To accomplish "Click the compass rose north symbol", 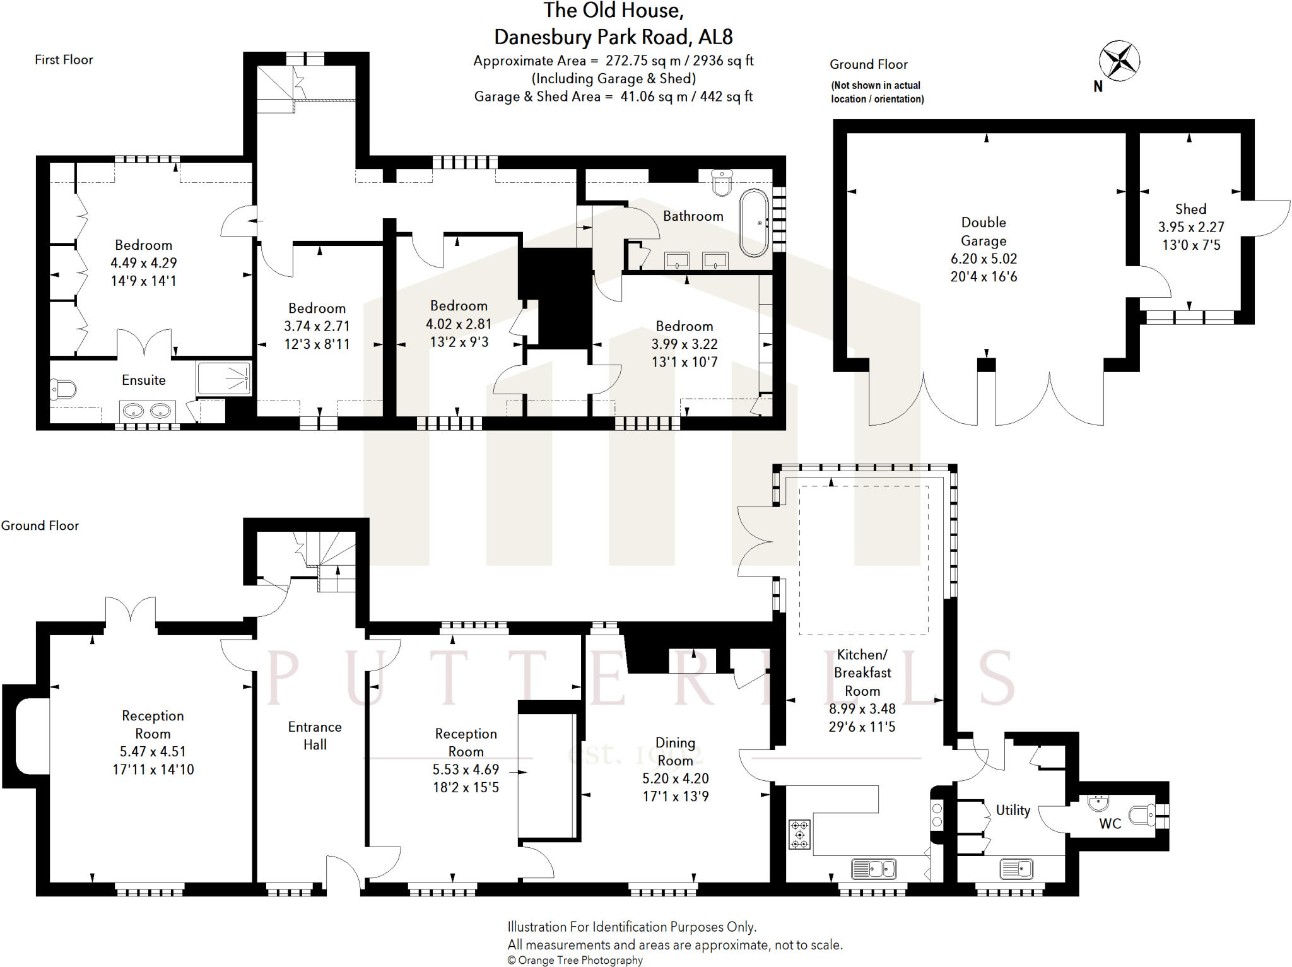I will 1119,61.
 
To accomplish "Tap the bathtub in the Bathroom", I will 754,222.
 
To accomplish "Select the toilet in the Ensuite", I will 62,389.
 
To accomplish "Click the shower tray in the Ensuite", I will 224,378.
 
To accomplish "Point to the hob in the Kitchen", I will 799,835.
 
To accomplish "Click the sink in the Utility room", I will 1016,869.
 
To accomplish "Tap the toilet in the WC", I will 1142,815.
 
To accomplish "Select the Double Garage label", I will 984,231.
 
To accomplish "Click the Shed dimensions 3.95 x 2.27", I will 1190,227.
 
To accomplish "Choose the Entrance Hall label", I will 315,736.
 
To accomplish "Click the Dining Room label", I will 675,751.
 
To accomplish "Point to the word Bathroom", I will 693,216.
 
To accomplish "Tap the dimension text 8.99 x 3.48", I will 862,708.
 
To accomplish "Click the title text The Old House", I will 613,11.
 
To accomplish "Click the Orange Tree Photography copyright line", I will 575,960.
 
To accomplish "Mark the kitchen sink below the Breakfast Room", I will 873,869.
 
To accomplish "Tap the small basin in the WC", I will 1098,802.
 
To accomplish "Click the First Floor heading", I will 64,60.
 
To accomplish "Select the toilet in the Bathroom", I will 722,182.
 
